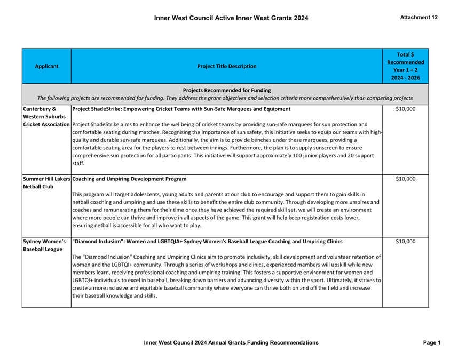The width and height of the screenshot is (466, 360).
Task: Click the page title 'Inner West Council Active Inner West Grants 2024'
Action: (231, 18)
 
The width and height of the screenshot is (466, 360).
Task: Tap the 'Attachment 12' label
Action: (418, 18)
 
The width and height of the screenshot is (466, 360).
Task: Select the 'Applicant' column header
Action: (46, 67)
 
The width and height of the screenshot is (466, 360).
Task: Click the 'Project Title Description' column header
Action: (226, 67)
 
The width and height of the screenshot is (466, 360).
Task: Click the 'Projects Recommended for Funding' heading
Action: (226, 91)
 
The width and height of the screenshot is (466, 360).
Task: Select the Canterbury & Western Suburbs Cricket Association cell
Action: (46, 116)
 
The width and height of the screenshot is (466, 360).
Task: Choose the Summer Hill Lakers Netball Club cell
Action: (46, 182)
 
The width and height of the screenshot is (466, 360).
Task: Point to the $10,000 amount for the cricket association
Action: (405, 109)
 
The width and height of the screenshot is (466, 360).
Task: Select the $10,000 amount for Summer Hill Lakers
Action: (405, 179)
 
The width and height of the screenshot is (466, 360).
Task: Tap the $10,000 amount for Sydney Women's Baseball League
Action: (405, 242)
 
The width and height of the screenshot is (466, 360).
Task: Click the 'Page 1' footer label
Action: (431, 342)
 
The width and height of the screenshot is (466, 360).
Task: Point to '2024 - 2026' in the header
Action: (405, 78)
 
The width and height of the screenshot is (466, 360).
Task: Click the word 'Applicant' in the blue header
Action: (46, 67)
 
